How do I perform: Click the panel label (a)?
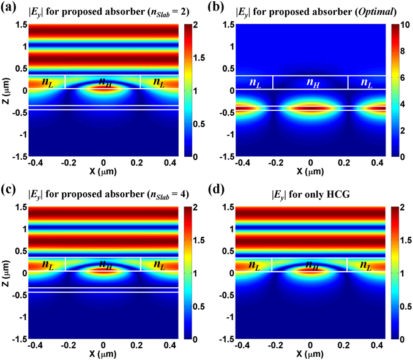(x=10, y=7)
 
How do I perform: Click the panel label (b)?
(x=224, y=7)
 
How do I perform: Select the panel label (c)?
(x=10, y=189)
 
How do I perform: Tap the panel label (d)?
(x=224, y=189)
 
